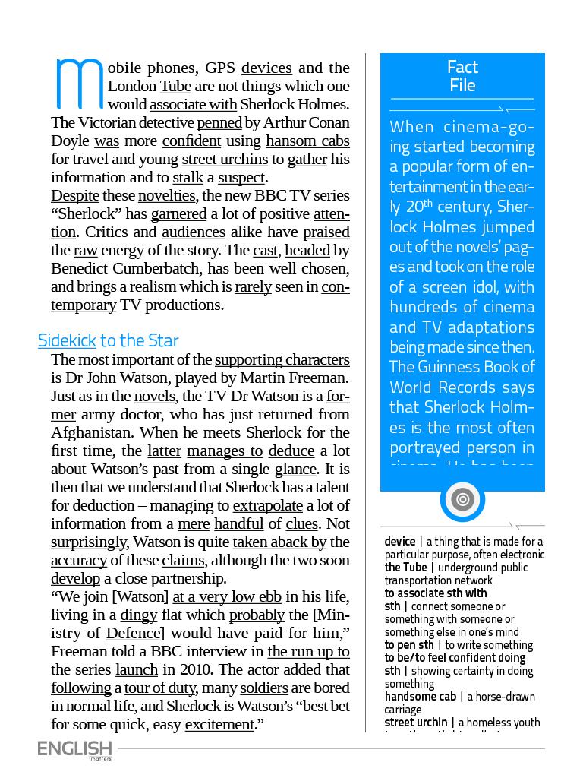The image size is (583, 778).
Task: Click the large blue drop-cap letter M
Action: coord(79,84)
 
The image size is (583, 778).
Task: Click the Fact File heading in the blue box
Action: coord(462,76)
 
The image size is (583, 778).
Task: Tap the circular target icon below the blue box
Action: coord(462,499)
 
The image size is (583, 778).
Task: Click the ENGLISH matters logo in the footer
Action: coord(75,749)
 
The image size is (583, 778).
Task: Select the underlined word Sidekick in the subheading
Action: coord(67,340)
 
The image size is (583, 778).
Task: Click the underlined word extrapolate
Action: coord(267,505)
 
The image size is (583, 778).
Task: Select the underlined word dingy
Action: coord(138,615)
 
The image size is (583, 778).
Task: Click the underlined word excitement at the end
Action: coord(219,724)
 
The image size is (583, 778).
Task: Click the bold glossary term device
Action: coord(400,542)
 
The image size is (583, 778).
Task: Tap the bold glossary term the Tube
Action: coord(405,568)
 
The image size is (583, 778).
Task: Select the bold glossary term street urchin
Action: coord(415,723)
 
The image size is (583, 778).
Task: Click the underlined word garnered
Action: coord(178,213)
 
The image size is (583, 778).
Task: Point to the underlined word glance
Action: coord(296,469)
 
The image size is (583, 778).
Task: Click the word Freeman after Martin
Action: coord(320,378)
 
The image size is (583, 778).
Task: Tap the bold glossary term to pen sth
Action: coord(409,645)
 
